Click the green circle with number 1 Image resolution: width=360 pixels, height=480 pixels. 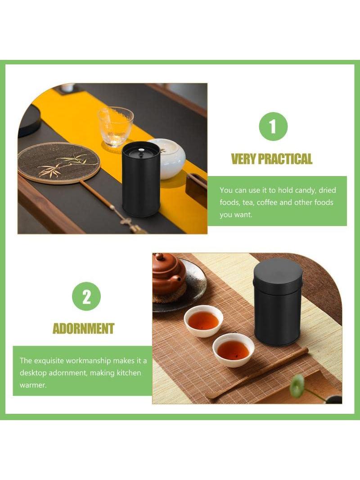point(273,127)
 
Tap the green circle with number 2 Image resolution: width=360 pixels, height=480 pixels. point(86,296)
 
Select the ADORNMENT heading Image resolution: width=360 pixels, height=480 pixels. point(84,328)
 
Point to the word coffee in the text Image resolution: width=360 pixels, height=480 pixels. point(267,202)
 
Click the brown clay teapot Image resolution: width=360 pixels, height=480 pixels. point(168,273)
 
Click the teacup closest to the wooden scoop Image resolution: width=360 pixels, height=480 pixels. point(234,350)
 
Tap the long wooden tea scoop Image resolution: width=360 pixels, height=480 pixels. point(257,373)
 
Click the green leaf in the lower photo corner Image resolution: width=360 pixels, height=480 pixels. point(297,386)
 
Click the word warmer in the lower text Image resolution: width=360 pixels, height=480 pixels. point(33,385)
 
